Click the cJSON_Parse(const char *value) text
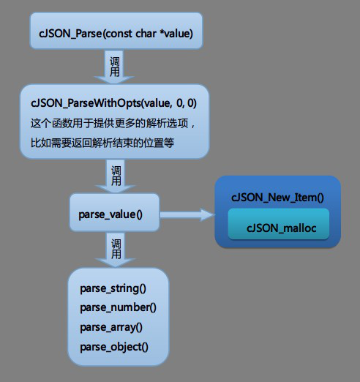tap(116, 34)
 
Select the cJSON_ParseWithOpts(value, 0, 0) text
tap(113, 103)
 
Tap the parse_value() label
tap(110, 214)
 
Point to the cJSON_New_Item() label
tap(277, 198)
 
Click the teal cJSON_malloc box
tap(279, 224)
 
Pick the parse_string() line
tap(113, 288)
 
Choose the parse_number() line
tap(118, 307)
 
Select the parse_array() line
tap(111, 327)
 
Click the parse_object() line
tap(114, 347)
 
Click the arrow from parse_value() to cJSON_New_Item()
tap(187, 214)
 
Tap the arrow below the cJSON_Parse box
tap(114, 67)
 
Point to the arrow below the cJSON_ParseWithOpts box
tap(116, 176)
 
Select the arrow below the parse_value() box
tap(116, 250)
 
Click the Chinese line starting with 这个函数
tap(113, 123)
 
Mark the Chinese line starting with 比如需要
tap(102, 143)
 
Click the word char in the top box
tap(146, 34)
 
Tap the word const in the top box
tap(118, 34)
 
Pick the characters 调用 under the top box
tap(115, 67)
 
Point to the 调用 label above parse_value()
tap(116, 176)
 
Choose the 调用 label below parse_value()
tap(116, 249)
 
